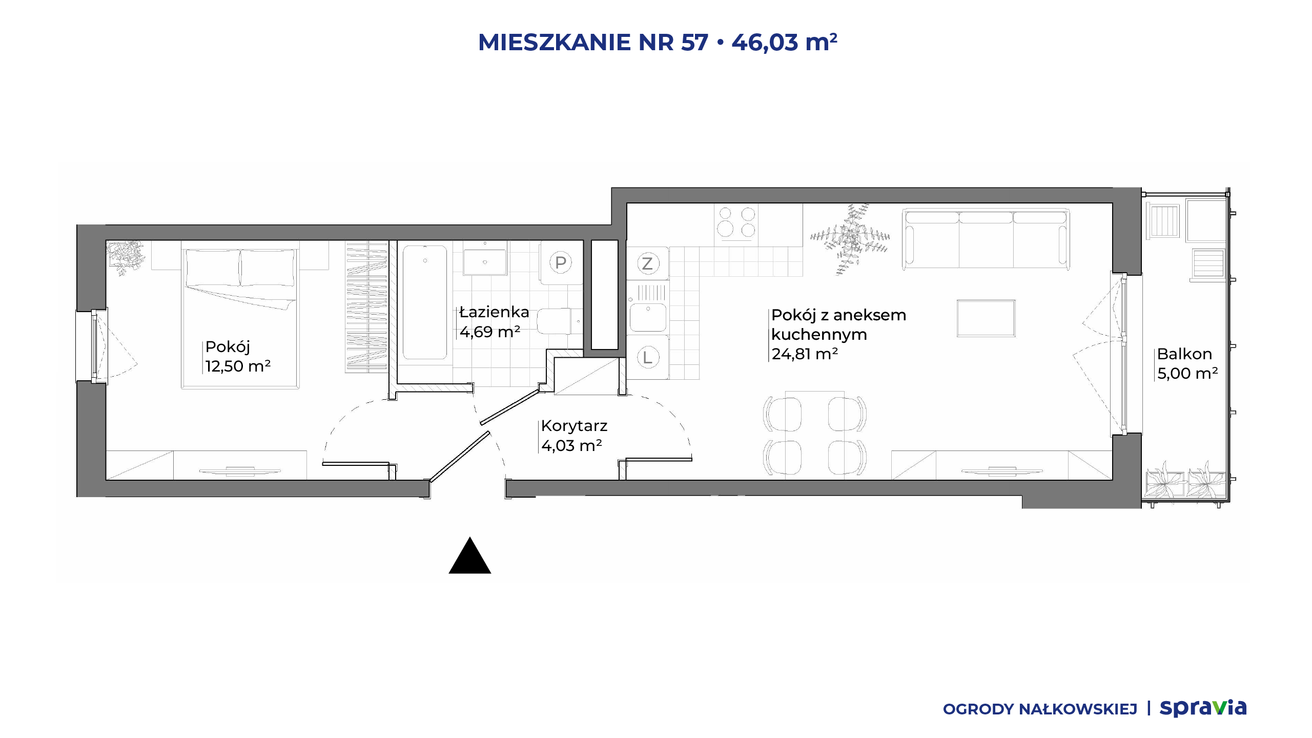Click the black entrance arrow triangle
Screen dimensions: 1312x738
click(470, 556)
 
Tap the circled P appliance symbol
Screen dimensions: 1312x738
click(561, 263)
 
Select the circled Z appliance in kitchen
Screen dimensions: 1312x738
click(647, 263)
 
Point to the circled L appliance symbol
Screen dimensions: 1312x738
click(647, 357)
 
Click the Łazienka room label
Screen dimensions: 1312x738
click(494, 312)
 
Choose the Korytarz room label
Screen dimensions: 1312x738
click(574, 426)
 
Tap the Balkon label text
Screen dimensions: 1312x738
click(1184, 354)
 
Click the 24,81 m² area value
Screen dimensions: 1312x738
click(805, 354)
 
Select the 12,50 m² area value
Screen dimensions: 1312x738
click(238, 366)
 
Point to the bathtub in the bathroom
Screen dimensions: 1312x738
click(424, 303)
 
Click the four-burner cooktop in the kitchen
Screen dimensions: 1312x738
click(736, 223)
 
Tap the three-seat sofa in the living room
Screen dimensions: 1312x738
click(986, 239)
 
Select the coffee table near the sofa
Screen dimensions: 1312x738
click(986, 318)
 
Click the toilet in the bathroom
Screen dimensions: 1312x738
click(559, 321)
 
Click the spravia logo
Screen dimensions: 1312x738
click(1203, 708)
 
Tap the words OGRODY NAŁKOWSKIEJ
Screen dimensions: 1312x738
click(1040, 709)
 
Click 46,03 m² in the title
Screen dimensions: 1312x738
click(785, 42)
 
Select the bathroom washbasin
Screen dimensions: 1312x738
click(485, 262)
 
